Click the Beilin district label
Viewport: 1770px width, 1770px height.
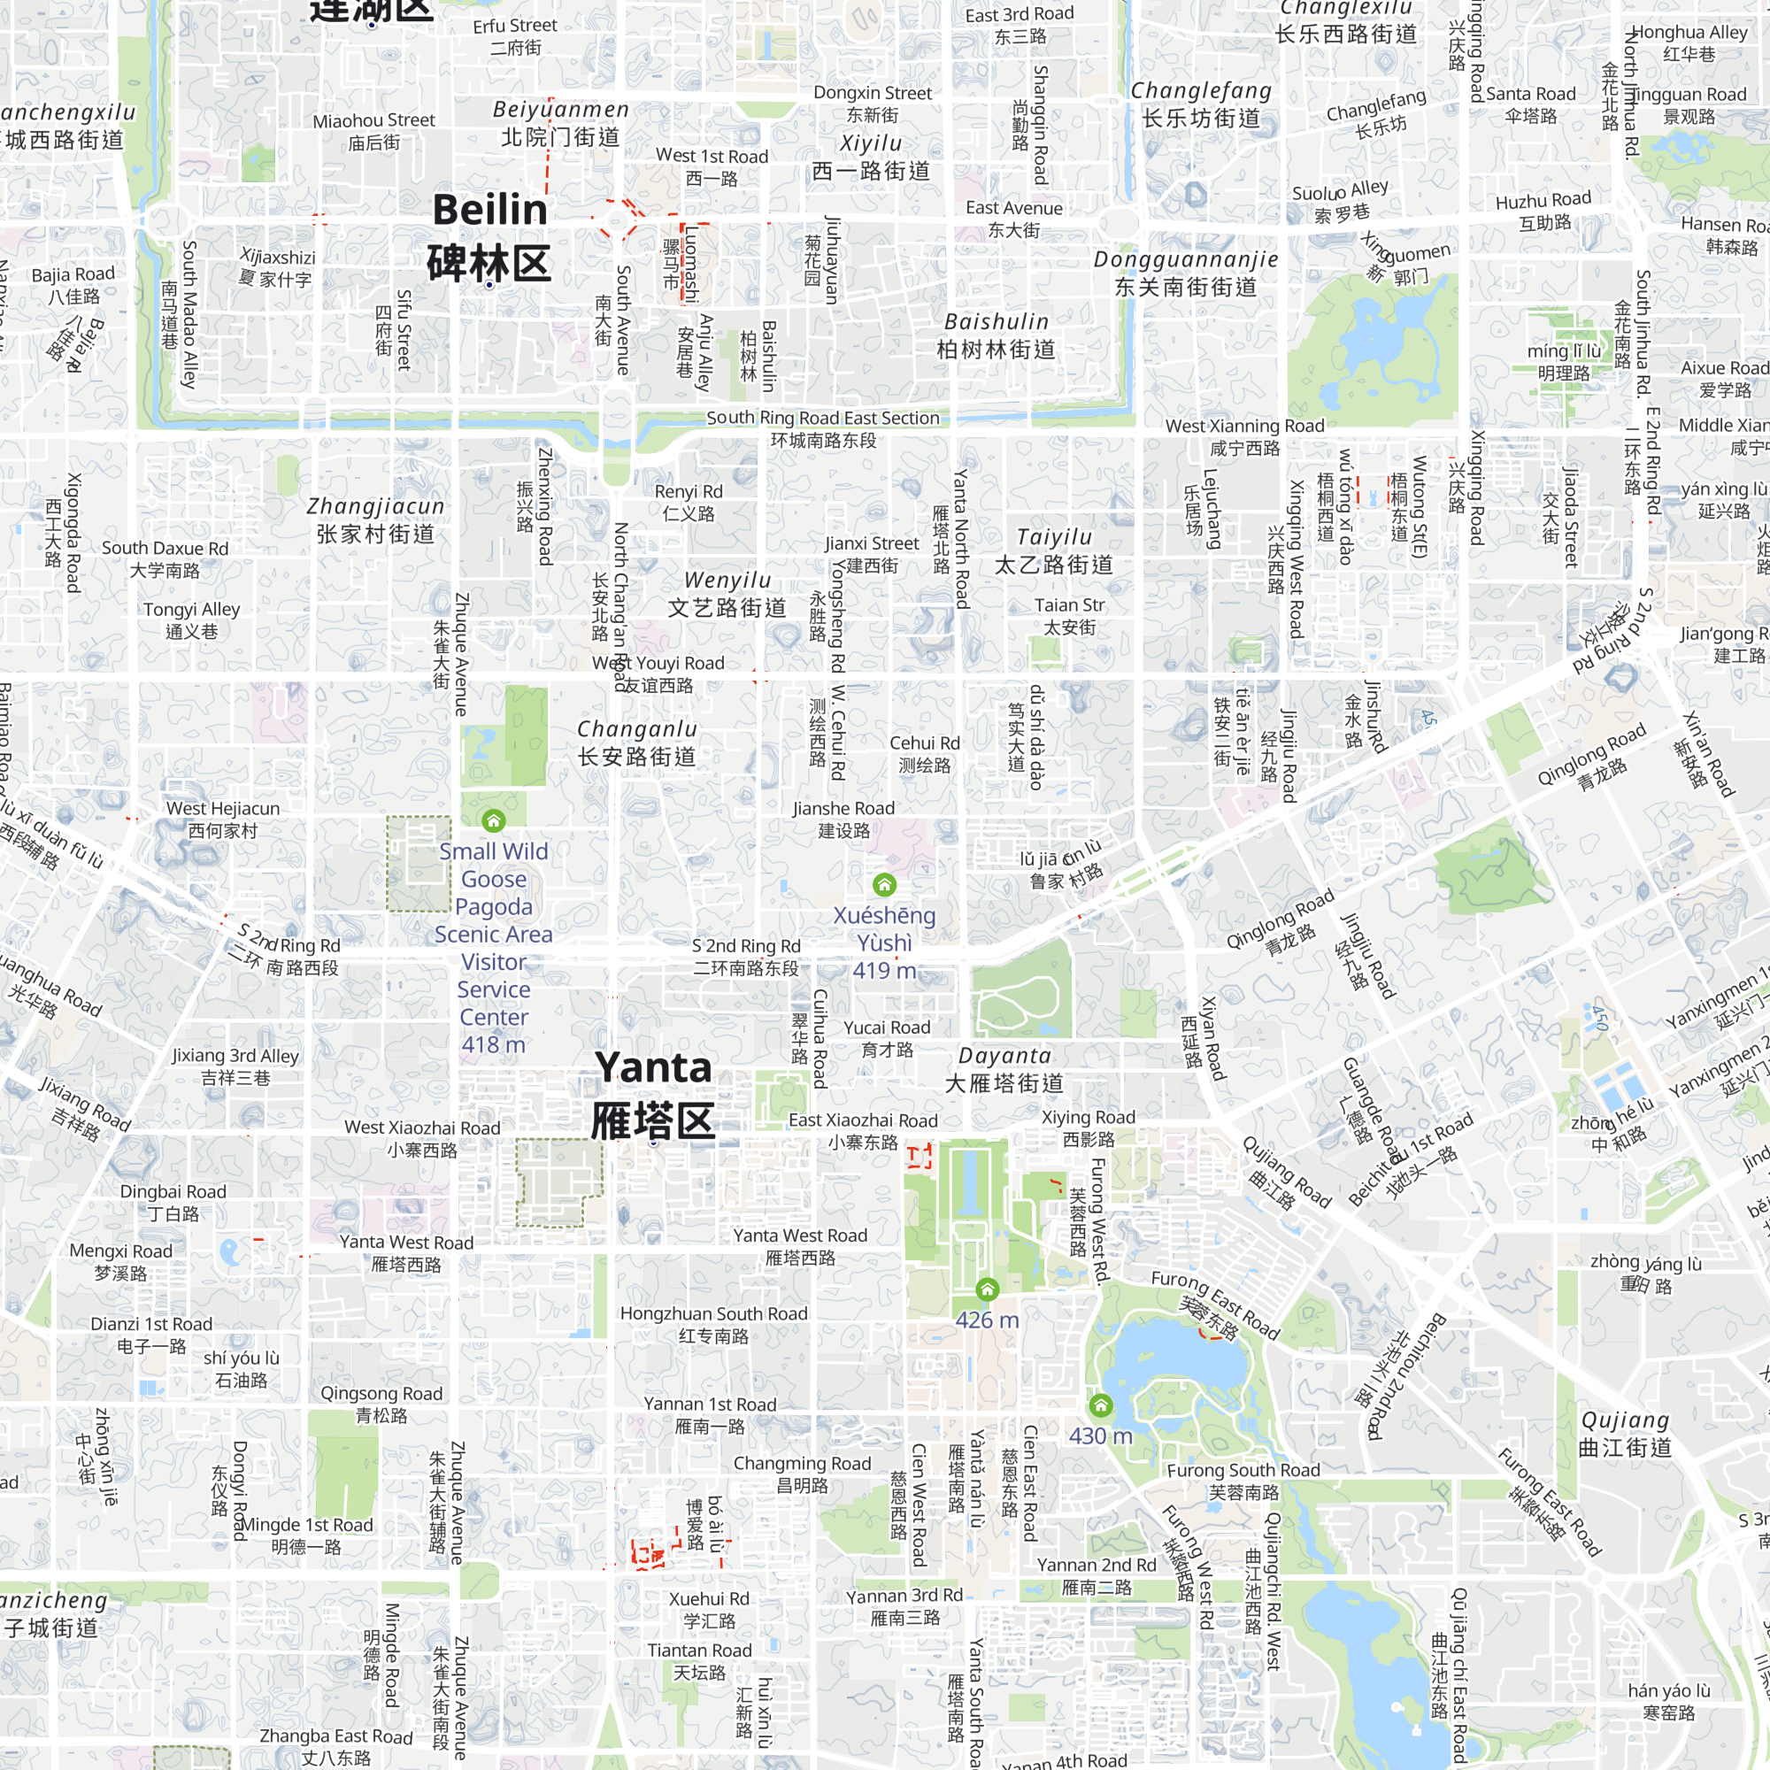[489, 236]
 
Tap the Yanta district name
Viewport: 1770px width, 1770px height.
[652, 1094]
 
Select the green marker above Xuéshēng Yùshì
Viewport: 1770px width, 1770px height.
[884, 884]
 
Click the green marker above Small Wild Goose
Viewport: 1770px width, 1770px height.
[494, 820]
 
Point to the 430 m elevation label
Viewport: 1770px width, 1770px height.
[1100, 1435]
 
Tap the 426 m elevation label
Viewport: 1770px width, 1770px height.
[987, 1320]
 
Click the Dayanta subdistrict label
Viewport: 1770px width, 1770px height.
[1004, 1069]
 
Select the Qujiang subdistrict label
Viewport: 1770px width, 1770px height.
[1625, 1434]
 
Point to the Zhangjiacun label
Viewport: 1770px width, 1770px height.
[375, 519]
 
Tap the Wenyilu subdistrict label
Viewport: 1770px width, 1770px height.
[727, 594]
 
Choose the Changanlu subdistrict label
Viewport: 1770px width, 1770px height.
[636, 743]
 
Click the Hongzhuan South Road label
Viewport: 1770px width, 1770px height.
[713, 1324]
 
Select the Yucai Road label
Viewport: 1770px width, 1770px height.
[887, 1038]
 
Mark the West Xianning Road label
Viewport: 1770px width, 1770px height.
[1244, 436]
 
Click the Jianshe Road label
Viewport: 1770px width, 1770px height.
[843, 819]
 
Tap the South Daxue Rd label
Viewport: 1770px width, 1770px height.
[165, 558]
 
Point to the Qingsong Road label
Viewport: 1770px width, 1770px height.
[381, 1404]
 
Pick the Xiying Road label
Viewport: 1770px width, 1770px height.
[1089, 1127]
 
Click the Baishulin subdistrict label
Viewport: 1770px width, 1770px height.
[996, 335]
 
